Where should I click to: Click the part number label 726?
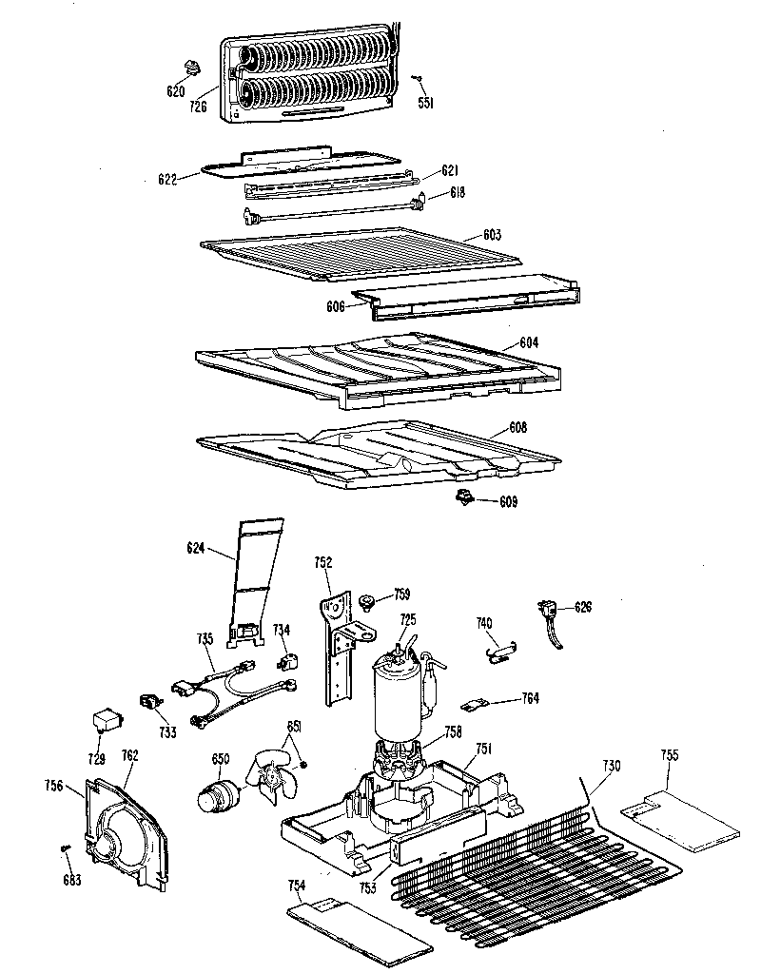click(199, 107)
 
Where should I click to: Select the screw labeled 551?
click(417, 78)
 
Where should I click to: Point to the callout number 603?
click(493, 234)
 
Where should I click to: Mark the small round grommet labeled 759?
click(365, 600)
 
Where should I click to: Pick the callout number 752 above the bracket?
click(323, 563)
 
